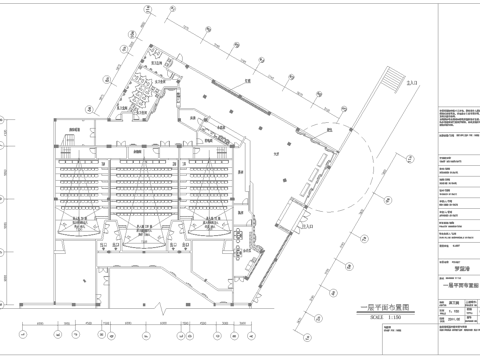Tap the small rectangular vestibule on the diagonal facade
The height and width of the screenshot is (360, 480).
296,214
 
